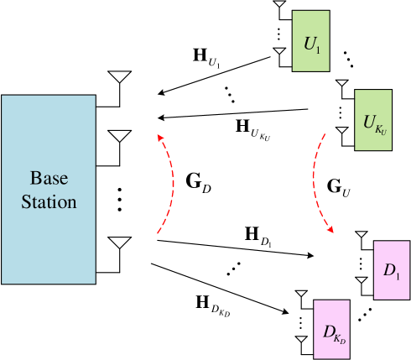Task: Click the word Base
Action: [49, 179]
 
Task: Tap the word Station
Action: [49, 202]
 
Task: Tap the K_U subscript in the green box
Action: [381, 128]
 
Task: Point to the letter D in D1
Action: [389, 270]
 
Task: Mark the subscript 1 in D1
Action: [398, 274]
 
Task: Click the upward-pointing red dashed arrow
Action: [170, 182]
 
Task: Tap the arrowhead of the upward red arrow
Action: [159, 136]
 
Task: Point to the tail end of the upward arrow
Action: [158, 233]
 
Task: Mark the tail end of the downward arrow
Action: [325, 132]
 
